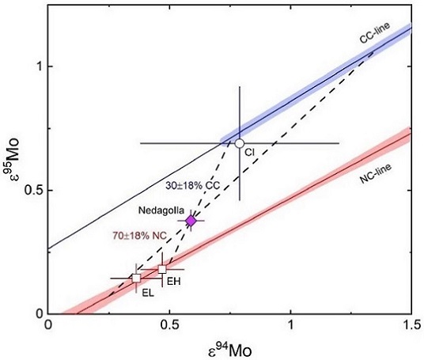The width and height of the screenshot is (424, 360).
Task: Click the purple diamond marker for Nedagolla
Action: tap(191, 221)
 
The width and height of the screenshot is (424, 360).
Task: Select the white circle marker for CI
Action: tap(239, 143)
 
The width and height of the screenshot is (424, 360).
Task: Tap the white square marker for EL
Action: tap(136, 278)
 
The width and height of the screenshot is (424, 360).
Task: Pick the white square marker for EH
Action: tap(162, 269)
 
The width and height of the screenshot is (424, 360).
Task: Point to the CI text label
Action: tap(248, 152)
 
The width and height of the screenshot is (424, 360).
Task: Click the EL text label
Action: tap(147, 292)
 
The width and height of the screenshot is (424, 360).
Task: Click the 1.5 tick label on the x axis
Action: tap(410, 324)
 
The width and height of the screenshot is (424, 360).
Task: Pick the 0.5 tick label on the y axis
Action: tap(32, 191)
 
